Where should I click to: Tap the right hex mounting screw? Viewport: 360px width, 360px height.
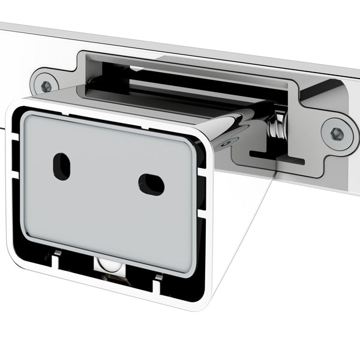[x=335, y=132]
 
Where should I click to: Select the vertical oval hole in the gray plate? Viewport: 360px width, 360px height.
[x=61, y=166]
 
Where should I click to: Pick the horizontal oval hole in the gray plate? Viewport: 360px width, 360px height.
[x=151, y=184]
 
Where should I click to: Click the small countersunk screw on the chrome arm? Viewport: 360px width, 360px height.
[x=227, y=142]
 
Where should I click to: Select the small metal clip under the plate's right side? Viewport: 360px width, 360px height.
[x=158, y=277]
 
